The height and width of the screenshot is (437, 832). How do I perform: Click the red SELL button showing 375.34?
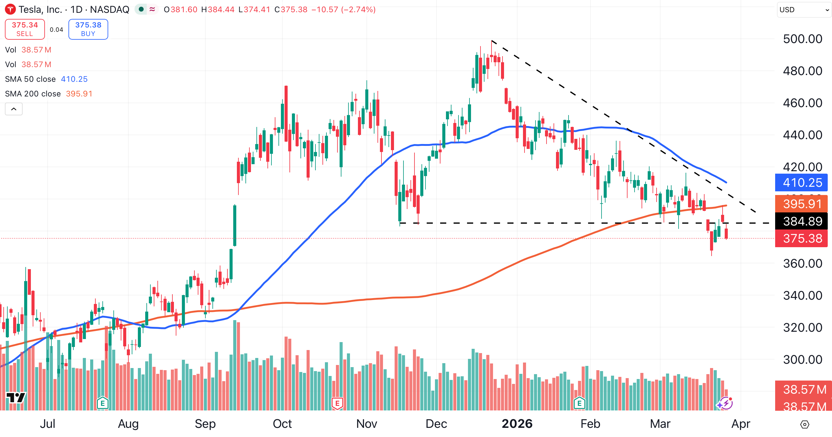(x=25, y=29)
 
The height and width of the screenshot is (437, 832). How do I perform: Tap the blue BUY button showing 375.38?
(x=88, y=29)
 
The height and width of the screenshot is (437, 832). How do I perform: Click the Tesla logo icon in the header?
(x=10, y=9)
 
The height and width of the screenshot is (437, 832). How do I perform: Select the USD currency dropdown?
(x=803, y=10)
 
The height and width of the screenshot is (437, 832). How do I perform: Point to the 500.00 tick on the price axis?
(x=802, y=39)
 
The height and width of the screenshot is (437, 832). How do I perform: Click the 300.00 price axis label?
(x=802, y=359)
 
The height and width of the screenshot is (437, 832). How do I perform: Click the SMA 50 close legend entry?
(x=30, y=79)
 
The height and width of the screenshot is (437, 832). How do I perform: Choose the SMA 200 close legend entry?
(x=33, y=94)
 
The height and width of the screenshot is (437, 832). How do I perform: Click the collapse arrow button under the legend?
(x=13, y=109)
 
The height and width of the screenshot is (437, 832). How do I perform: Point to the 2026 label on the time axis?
(x=517, y=424)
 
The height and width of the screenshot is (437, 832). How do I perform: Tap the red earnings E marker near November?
(x=337, y=403)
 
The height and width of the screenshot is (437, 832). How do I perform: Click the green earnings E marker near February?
(x=580, y=403)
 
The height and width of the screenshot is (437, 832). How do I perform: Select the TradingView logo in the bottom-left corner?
(x=16, y=397)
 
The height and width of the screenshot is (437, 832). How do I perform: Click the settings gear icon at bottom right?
(x=804, y=424)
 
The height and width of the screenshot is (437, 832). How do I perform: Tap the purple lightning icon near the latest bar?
(x=725, y=403)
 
